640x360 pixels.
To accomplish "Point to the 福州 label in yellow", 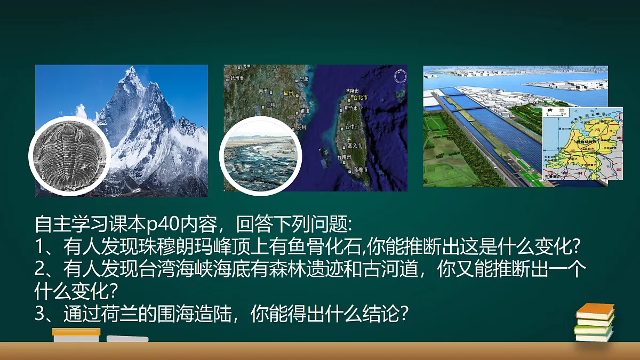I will pos(289,92).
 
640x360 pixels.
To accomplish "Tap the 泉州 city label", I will pos(301,128).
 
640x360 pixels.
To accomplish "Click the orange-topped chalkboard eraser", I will pos(76,334).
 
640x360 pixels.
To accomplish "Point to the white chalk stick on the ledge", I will pos(127,339).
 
